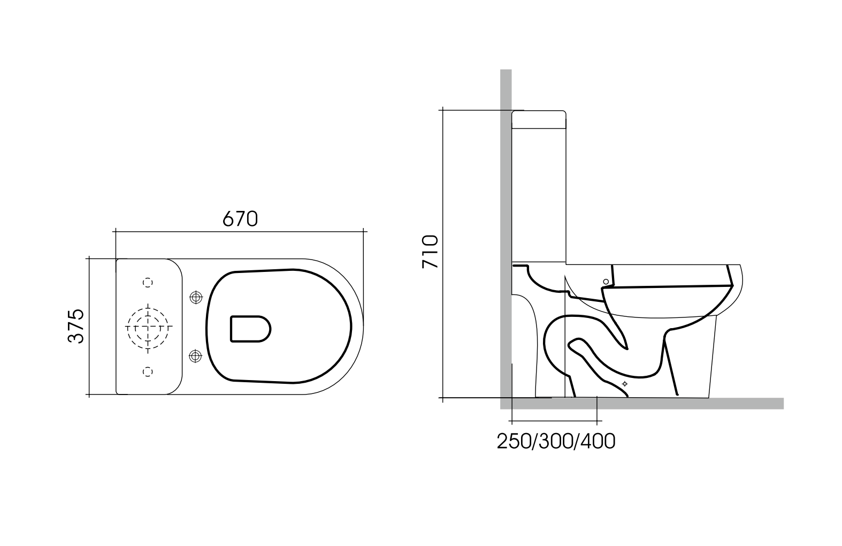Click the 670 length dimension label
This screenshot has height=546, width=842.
240,218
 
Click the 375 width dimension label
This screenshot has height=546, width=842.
76,326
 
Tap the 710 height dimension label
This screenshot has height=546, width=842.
431,252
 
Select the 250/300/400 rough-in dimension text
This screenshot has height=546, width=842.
556,441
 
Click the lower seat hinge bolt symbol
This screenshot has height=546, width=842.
196,355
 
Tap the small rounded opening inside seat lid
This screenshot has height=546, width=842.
250,328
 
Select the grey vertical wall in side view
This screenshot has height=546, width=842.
506,214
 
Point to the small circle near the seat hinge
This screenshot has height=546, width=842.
606,281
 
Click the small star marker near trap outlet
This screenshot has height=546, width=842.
624,384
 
